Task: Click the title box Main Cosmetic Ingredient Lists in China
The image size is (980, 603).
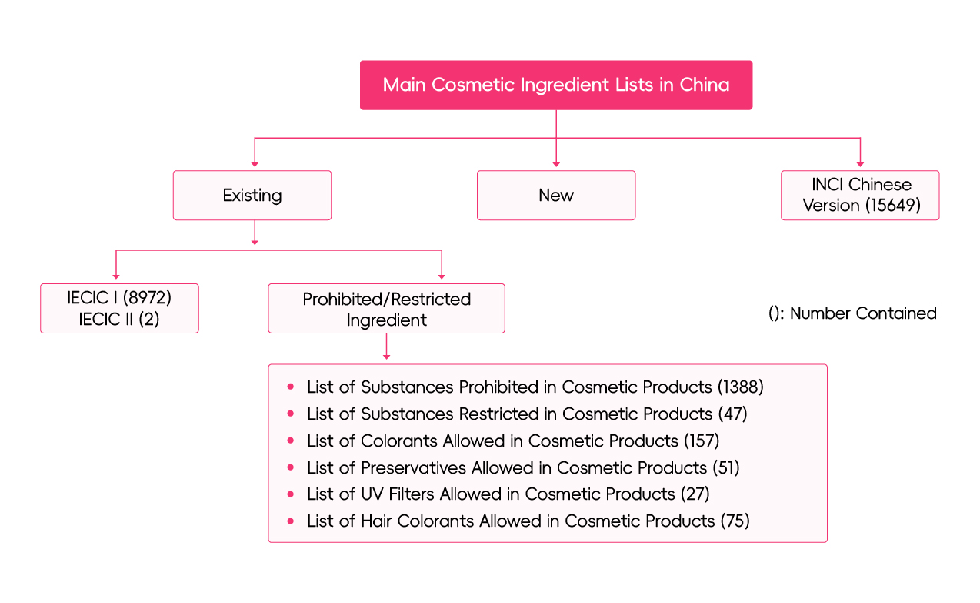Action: [x=555, y=85]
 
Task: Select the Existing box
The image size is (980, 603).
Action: [x=252, y=196]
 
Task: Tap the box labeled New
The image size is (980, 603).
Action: [x=555, y=196]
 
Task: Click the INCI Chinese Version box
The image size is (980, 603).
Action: [x=860, y=196]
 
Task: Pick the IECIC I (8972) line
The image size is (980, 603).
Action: [x=119, y=299]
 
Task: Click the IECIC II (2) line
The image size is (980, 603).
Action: [x=119, y=319]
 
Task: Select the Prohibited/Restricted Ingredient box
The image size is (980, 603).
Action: [x=386, y=309]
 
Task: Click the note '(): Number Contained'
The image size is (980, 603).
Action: [x=852, y=313]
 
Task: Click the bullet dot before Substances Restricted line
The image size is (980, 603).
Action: [x=291, y=414]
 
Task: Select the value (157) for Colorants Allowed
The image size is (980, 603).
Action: [x=701, y=441]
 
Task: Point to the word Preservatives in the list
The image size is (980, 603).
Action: [x=414, y=467]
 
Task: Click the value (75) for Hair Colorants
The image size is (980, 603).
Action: [x=735, y=521]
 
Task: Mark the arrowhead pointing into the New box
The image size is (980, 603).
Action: [x=555, y=163]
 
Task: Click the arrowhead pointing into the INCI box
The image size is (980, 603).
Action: [x=860, y=163]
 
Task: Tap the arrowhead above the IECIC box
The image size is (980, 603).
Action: [x=115, y=276]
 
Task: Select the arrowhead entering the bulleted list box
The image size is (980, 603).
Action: [x=386, y=357]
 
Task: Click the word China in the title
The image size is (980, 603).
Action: [x=704, y=85]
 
